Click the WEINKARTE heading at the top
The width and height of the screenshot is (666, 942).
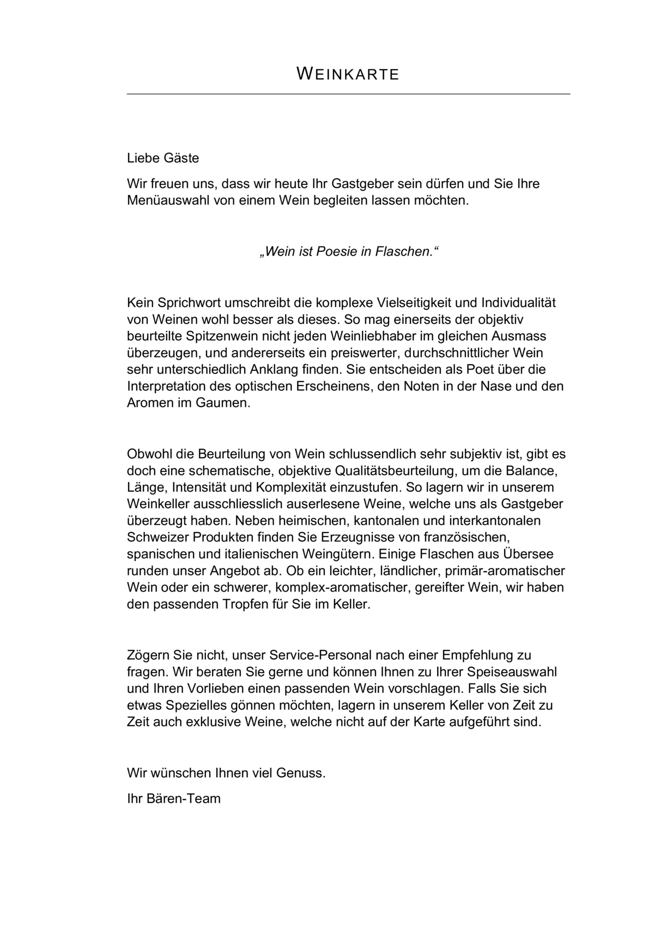[x=348, y=74]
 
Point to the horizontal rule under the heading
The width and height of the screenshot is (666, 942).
[x=348, y=94]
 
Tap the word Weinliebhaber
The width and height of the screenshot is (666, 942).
[x=361, y=336]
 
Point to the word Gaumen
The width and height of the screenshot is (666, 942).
[x=223, y=403]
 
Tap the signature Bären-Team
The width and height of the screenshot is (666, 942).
[x=184, y=799]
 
